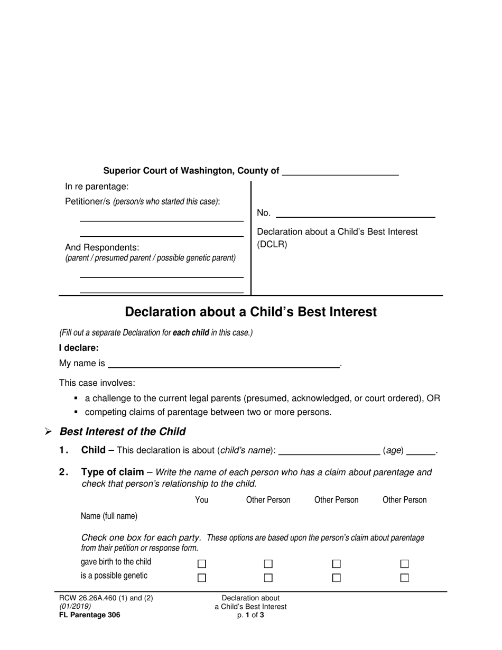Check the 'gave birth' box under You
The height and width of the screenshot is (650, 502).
tap(201, 564)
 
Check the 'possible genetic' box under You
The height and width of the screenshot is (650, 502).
tap(201, 578)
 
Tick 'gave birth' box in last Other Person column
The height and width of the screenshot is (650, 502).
tap(404, 564)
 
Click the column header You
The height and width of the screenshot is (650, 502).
tap(201, 500)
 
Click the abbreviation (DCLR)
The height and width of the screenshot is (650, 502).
tap(272, 245)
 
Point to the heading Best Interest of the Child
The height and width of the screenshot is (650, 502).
tap(123, 431)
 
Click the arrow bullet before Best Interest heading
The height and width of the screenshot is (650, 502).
tap(48, 432)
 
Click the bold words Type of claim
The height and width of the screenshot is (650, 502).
tap(112, 472)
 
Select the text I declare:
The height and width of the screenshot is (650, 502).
tap(79, 348)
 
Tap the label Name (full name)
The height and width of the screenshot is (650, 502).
tap(109, 516)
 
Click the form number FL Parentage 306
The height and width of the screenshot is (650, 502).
tap(89, 615)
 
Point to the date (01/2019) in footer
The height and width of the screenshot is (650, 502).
tap(75, 607)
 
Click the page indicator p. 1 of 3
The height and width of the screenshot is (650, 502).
tap(250, 615)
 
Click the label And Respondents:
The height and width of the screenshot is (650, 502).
tap(102, 247)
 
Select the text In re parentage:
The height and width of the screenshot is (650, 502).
tap(97, 187)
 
